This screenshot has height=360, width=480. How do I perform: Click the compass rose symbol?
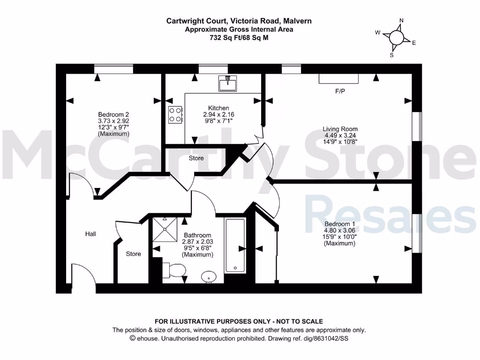point(396,37)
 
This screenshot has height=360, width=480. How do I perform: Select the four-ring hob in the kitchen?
point(175,115)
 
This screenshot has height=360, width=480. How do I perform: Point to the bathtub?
point(234,245)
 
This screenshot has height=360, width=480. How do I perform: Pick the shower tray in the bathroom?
point(165,230)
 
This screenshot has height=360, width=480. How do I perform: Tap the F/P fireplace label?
point(340,91)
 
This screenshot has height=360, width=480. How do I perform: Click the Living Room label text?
point(340,129)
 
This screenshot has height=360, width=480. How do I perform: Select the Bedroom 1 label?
point(340,224)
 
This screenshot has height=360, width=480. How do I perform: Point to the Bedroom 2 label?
point(113,114)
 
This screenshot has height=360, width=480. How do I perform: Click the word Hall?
point(90,233)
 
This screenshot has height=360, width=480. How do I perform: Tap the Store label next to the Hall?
point(134,254)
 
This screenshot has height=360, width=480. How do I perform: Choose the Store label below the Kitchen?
point(196,158)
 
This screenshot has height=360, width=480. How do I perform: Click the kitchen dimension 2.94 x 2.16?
point(218,114)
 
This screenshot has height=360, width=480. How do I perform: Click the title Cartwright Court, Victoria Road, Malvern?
point(239,21)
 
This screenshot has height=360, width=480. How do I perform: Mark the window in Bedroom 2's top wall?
point(113,68)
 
